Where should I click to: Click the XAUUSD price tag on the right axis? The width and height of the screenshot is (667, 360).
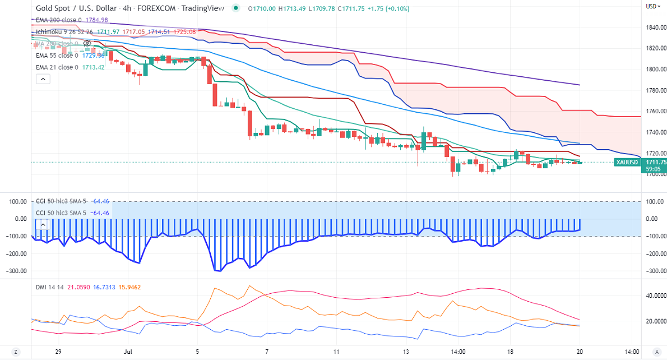click(x=626, y=162)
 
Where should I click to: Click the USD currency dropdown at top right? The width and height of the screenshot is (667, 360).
click(x=651, y=6)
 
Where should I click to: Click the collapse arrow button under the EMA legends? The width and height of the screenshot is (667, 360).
click(x=43, y=79)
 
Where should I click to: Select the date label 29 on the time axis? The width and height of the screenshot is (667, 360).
click(x=58, y=352)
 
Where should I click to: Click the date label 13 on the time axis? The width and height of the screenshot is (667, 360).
click(x=405, y=352)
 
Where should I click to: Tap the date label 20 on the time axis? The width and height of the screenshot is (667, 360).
click(x=580, y=352)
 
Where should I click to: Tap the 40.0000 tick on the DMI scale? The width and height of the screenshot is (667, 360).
click(x=654, y=295)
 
